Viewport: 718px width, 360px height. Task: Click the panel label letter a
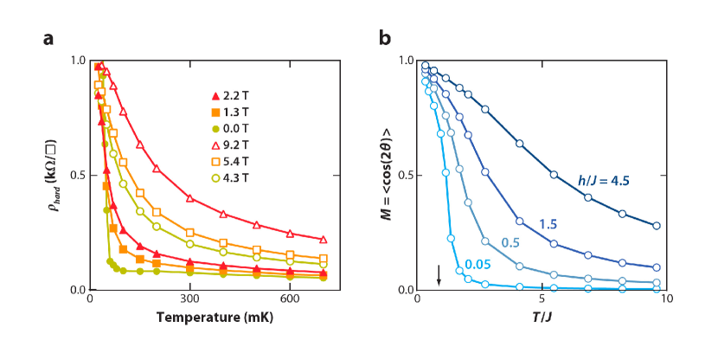pyautogui.click(x=50, y=38)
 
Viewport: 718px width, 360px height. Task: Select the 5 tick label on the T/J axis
pyautogui.click(x=542, y=299)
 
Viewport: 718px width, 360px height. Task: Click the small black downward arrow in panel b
pyautogui.click(x=439, y=274)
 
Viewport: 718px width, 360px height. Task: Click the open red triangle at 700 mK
pyautogui.click(x=324, y=239)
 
